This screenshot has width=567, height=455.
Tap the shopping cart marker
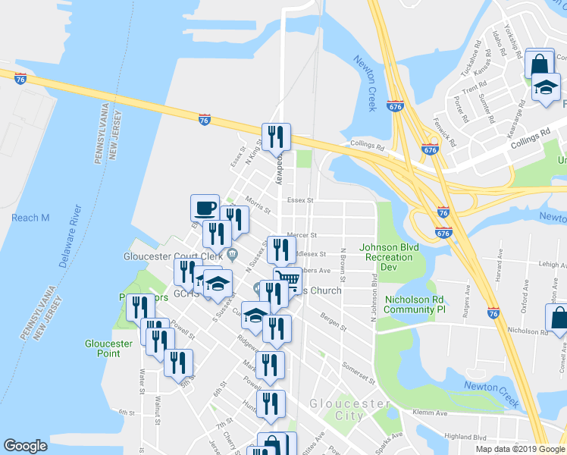[x=286, y=279]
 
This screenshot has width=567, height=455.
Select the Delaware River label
[x=70, y=236]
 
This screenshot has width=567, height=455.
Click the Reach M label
[x=30, y=218]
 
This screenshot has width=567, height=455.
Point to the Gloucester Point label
[x=109, y=349]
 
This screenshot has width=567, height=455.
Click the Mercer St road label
[x=301, y=236]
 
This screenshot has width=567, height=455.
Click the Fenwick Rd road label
[x=448, y=133]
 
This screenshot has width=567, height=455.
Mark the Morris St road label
[x=258, y=204]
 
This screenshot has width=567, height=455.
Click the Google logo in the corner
[x=25, y=446]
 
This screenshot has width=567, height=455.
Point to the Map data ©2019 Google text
[x=520, y=449]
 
